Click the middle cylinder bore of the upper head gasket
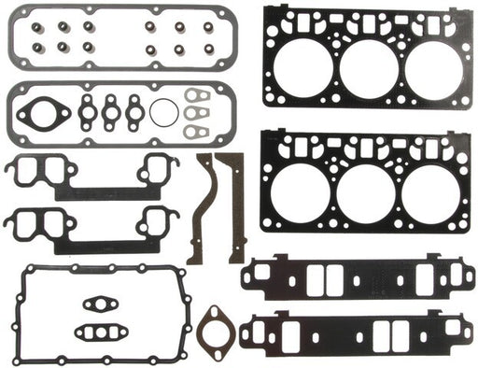367,67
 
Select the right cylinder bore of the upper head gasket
429,67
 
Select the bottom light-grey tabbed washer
198,131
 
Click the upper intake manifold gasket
355,276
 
